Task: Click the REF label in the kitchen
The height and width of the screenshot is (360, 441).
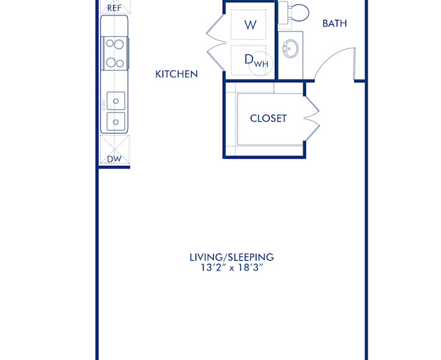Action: coord(114,7)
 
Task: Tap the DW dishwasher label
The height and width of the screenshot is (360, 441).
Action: coord(114,159)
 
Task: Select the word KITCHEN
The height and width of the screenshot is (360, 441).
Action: coord(176,74)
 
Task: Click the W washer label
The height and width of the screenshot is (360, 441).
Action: coord(250,24)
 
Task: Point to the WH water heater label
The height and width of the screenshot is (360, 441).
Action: coord(262,65)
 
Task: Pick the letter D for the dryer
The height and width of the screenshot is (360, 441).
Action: coord(248,59)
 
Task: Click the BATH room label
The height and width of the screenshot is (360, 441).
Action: coord(334,24)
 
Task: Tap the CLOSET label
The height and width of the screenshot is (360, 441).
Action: coord(268,118)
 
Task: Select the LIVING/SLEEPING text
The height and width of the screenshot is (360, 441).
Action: coord(232,257)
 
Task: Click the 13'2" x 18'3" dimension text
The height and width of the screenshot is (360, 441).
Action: coord(232,269)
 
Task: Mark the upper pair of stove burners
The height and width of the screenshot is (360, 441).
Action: coord(115,43)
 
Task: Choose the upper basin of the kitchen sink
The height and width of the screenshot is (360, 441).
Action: coord(115,99)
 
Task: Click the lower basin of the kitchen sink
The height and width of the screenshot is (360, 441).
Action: coord(115,120)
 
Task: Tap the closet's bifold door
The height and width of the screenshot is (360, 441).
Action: coord(312,118)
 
